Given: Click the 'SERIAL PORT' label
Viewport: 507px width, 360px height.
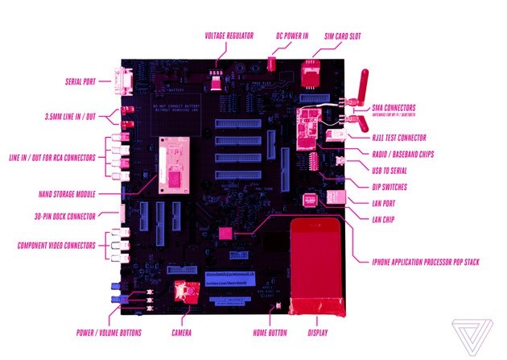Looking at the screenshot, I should [x=80, y=81].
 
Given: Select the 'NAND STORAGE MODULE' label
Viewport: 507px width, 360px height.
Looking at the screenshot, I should [x=66, y=194].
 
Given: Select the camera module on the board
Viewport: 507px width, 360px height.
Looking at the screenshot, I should [x=183, y=292].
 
